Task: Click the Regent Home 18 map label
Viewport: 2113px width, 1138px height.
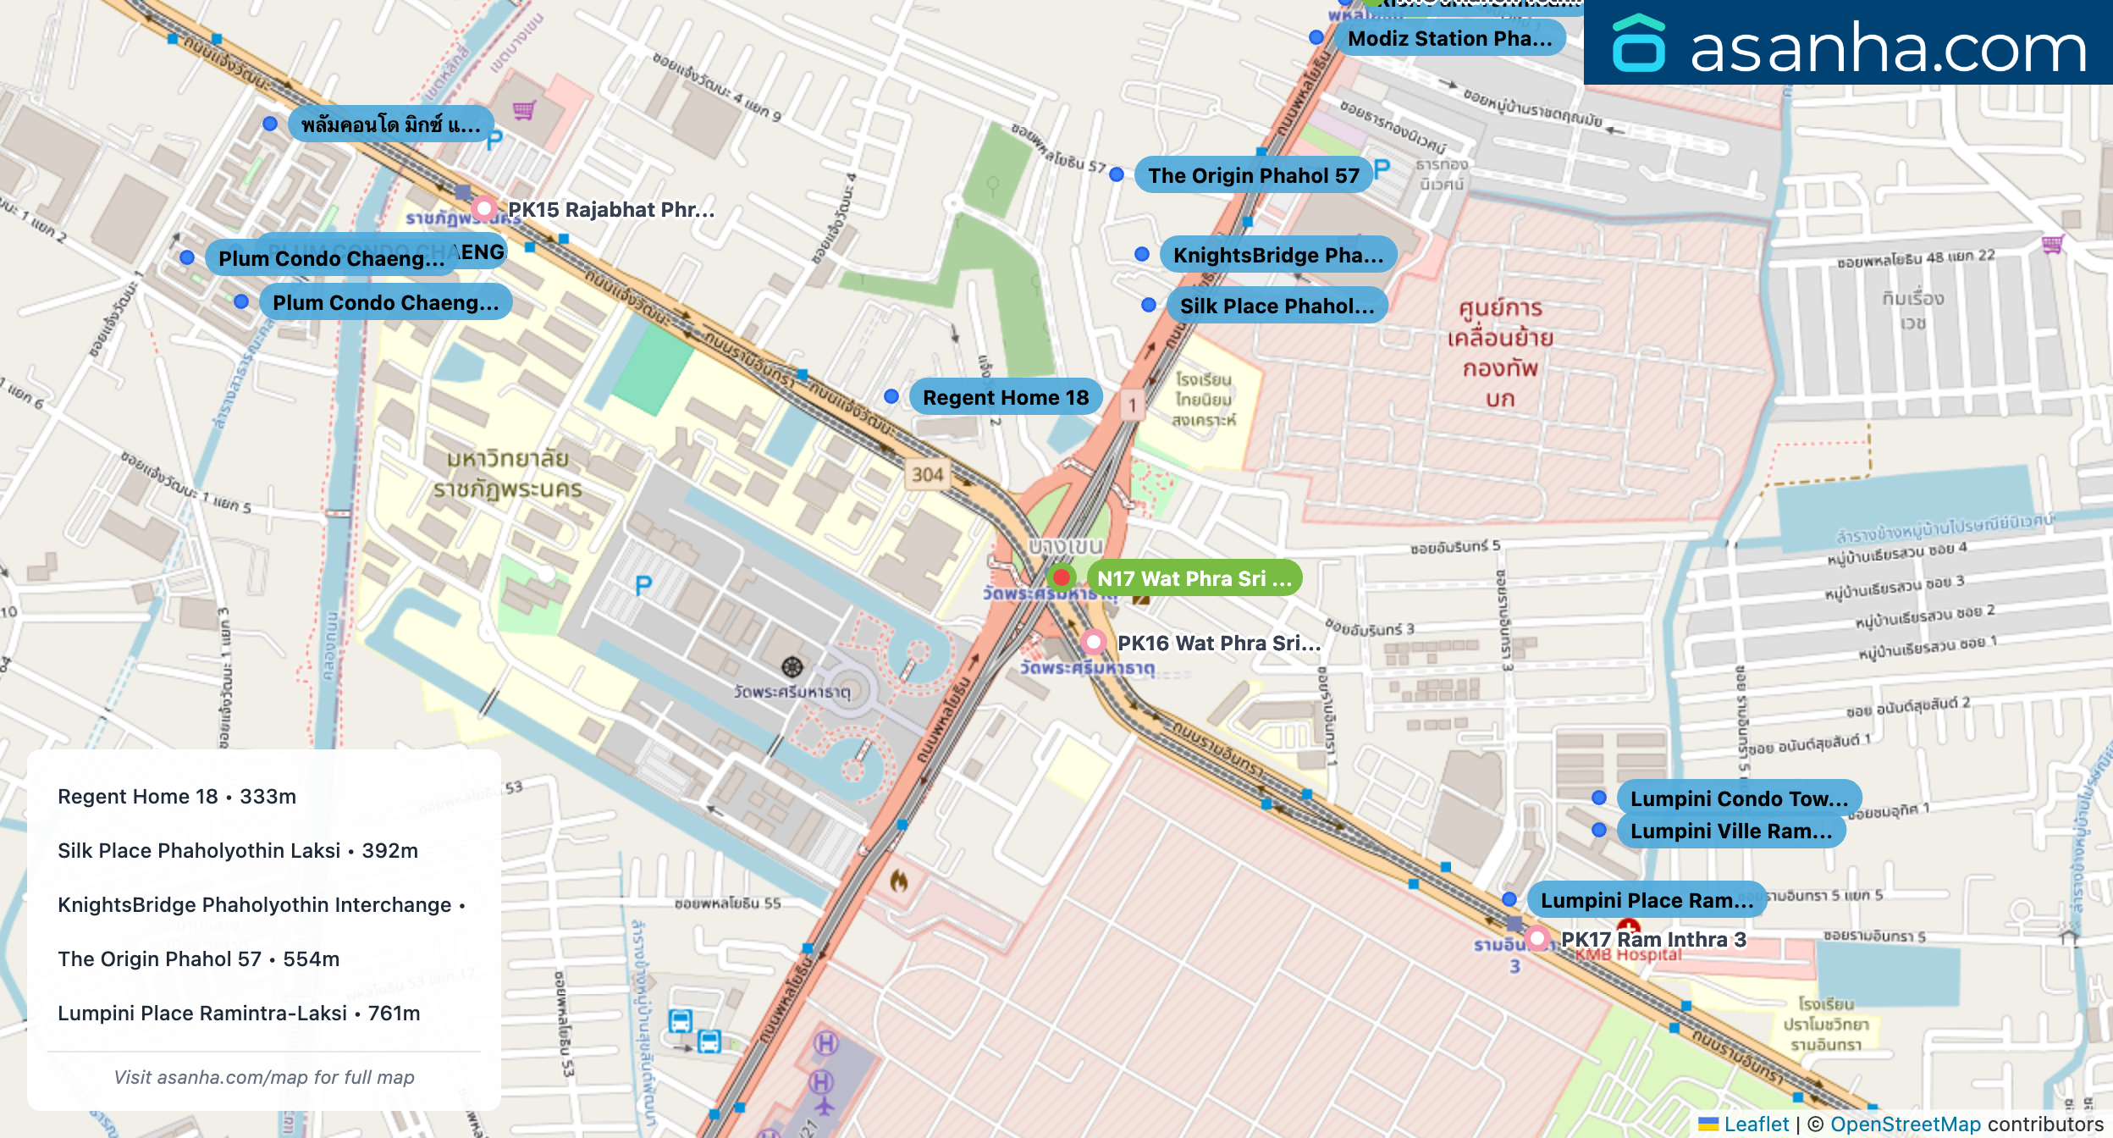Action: tap(1005, 397)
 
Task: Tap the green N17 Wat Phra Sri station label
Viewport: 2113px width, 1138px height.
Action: tap(1194, 578)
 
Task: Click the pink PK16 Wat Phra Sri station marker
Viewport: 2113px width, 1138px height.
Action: tap(1094, 642)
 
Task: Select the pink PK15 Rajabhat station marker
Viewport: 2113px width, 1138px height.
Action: tap(483, 207)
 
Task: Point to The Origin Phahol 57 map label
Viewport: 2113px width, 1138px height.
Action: tap(1253, 175)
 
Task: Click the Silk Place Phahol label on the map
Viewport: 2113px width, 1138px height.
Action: tap(1277, 306)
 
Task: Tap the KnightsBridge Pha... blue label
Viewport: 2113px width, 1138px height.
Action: tap(1277, 255)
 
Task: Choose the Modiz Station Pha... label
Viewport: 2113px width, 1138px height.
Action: tap(1449, 38)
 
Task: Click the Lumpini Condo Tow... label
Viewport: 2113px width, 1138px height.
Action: tap(1738, 798)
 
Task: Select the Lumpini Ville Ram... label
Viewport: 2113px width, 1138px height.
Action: tap(1730, 831)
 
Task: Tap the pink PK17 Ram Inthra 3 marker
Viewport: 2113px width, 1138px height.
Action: tap(1538, 938)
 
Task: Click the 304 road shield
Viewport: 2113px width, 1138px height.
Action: tap(927, 475)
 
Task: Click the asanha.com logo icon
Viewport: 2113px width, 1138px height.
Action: tap(1639, 44)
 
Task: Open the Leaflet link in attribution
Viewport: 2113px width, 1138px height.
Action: tap(1756, 1124)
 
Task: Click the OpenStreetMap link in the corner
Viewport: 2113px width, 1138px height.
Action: tap(1905, 1124)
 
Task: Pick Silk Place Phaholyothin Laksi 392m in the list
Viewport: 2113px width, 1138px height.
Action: tap(238, 850)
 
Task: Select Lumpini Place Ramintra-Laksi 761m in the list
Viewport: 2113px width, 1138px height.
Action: tap(239, 1013)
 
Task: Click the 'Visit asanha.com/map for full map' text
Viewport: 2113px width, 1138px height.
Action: tap(264, 1077)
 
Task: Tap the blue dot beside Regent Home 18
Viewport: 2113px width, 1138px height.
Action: tap(891, 396)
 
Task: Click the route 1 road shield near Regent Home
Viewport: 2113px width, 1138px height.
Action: tap(1132, 405)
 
